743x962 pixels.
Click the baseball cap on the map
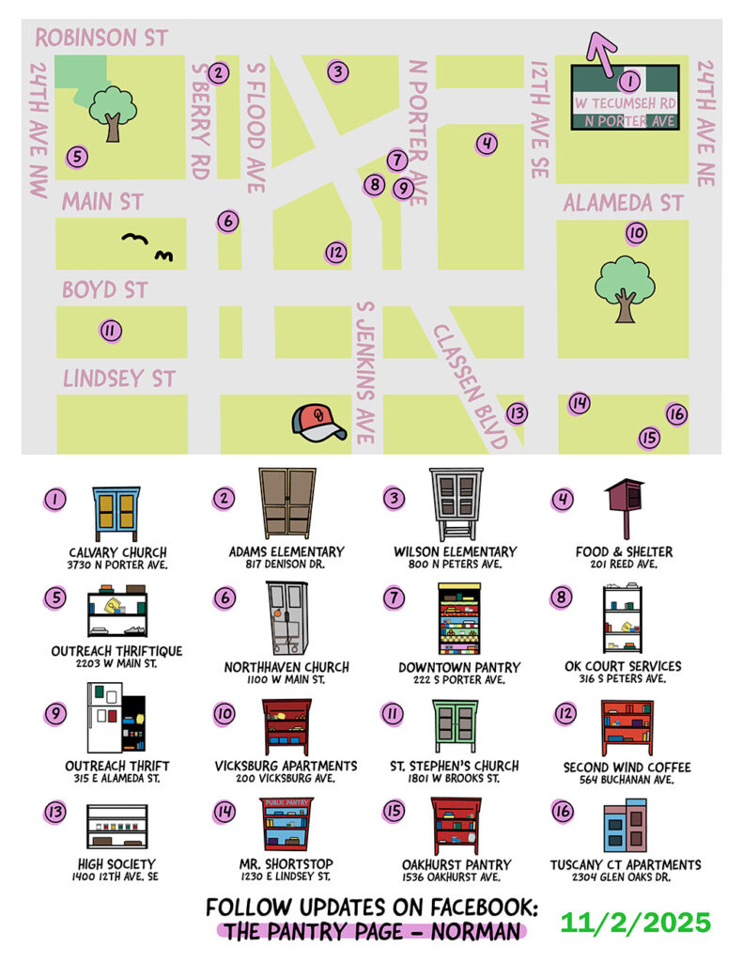317,424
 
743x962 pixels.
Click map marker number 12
335,252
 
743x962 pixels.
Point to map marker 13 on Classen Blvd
516,412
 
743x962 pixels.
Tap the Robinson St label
101,39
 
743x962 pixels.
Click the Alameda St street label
623,204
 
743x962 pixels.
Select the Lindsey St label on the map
118,379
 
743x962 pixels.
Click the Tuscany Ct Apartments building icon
625,826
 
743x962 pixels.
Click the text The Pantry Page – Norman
371,932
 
